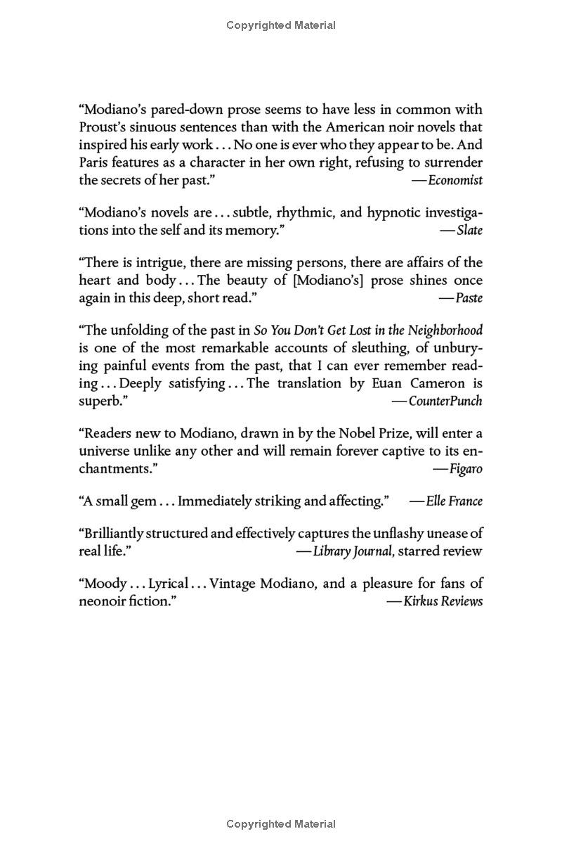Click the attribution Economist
[455, 180]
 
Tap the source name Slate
[469, 230]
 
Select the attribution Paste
[469, 297]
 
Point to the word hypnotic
[384, 212]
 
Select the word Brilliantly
[112, 534]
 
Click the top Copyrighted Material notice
[281, 25]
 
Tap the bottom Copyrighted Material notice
[281, 824]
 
